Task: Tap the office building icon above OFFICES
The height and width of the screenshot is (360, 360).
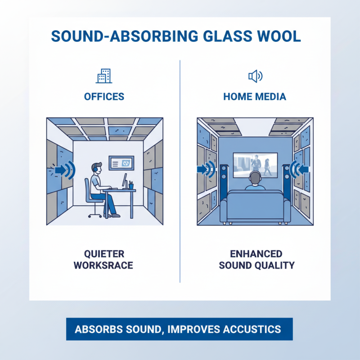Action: (104, 76)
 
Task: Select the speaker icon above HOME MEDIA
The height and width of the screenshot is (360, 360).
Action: (255, 76)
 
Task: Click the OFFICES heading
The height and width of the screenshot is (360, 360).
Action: (104, 96)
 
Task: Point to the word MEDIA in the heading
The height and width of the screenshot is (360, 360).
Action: (269, 96)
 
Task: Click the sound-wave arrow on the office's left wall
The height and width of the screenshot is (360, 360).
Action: (63, 170)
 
